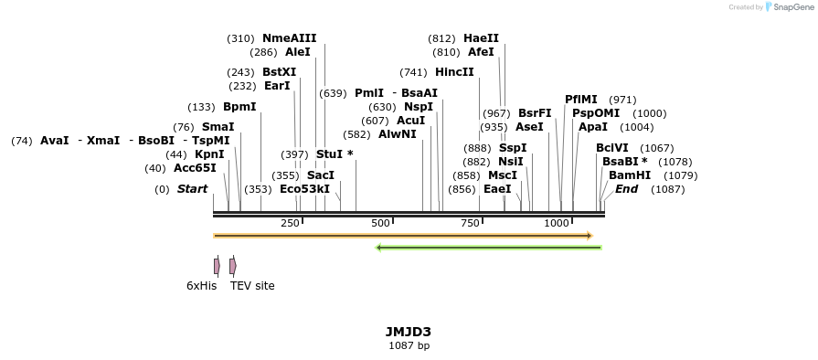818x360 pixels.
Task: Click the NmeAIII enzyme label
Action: pos(289,38)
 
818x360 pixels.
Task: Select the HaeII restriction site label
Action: pos(481,38)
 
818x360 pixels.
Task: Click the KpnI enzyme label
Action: pos(209,154)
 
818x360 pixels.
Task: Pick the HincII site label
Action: pos(454,72)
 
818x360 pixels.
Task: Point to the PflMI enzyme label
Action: pos(581,100)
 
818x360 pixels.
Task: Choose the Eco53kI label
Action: pos(304,189)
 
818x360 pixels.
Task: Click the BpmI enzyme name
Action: pos(239,107)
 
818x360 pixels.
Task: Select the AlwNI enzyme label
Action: pos(397,134)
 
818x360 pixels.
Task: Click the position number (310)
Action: pos(240,38)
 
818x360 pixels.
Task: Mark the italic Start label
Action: pos(192,189)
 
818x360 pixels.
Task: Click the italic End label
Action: pos(627,189)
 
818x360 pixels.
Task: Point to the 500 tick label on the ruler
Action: pos(380,224)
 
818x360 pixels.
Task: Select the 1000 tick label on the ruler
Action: pos(557,224)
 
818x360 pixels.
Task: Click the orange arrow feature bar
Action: pos(402,236)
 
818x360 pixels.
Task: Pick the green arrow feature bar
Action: pos(489,247)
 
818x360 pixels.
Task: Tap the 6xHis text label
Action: pos(202,286)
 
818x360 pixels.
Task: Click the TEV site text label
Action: pos(252,286)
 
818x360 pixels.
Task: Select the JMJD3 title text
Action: pos(409,332)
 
